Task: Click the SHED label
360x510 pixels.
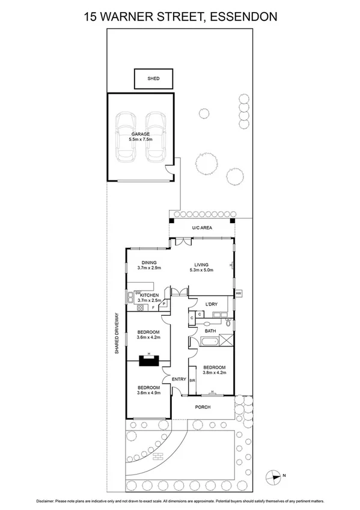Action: (153, 79)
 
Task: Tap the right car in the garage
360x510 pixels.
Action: (155, 137)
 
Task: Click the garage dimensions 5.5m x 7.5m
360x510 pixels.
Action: (141, 140)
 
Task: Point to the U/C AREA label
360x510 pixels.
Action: (201, 228)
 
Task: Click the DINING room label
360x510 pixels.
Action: (149, 263)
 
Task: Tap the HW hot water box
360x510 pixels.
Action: (238, 293)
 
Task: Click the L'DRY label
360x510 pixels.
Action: (211, 305)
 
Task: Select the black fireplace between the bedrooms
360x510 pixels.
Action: (148, 360)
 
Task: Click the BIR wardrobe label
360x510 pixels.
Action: (192, 381)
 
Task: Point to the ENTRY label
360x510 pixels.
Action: (178, 379)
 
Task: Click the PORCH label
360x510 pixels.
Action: (201, 407)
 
